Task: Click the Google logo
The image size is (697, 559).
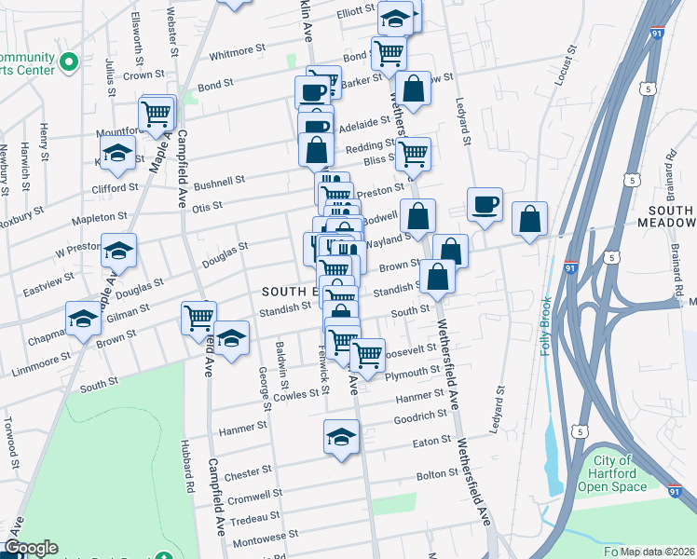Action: pyautogui.click(x=31, y=548)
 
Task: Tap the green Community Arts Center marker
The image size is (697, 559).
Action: pyautogui.click(x=67, y=62)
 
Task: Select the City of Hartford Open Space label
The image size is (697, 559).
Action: pyautogui.click(x=612, y=473)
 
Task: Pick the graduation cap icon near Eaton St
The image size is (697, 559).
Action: pyautogui.click(x=342, y=437)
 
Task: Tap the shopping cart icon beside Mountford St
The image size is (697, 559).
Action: pyautogui.click(x=157, y=115)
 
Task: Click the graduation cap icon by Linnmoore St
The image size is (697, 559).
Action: pyautogui.click(x=84, y=319)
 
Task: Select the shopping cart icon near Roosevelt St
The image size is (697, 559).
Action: pyautogui.click(x=368, y=356)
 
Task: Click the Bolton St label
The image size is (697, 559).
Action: pyautogui.click(x=437, y=474)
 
